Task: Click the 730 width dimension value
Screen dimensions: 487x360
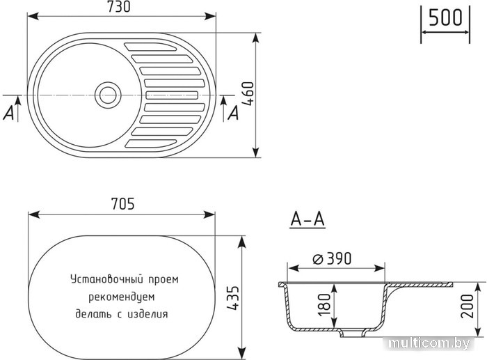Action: pyautogui.click(x=119, y=7)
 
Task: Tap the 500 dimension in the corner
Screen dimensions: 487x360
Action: pyautogui.click(x=445, y=17)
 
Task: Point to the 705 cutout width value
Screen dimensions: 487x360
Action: pyautogui.click(x=123, y=204)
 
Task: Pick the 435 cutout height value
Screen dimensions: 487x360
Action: pyautogui.click(x=233, y=298)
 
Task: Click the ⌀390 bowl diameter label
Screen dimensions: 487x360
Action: pyautogui.click(x=332, y=258)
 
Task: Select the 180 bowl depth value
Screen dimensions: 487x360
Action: pyautogui.click(x=325, y=305)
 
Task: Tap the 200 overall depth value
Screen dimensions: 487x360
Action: pyautogui.click(x=468, y=306)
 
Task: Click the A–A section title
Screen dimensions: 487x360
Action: pyautogui.click(x=308, y=220)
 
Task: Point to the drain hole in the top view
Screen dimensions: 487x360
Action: pyautogui.click(x=108, y=95)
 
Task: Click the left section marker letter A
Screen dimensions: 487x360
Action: pyautogui.click(x=9, y=113)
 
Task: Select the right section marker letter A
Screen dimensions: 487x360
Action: pyautogui.click(x=233, y=113)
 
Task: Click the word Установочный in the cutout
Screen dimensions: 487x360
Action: pyautogui.click(x=107, y=279)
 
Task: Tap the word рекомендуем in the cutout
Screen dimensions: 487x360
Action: pyautogui.click(x=122, y=297)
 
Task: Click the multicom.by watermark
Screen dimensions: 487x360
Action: pyautogui.click(x=429, y=343)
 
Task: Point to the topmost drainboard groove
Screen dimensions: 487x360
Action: pyautogui.click(x=150, y=47)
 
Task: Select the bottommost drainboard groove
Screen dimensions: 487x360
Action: pyautogui.click(x=150, y=143)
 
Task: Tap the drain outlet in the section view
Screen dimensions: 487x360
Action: pyautogui.click(x=352, y=334)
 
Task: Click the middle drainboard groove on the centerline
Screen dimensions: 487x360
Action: pyautogui.click(x=172, y=95)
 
